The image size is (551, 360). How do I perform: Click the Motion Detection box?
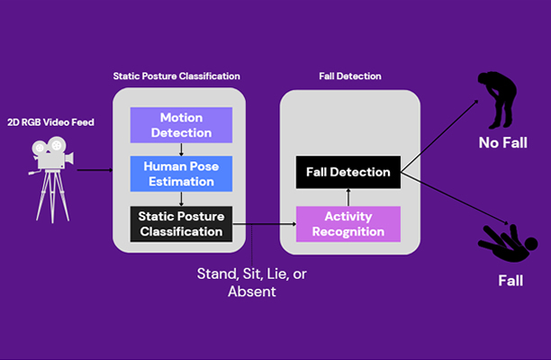point(181,125)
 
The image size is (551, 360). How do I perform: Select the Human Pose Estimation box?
point(181,174)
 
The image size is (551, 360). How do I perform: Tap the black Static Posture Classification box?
point(181,223)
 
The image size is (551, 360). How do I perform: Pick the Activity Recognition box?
point(348,223)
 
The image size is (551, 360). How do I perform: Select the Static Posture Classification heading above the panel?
point(176,76)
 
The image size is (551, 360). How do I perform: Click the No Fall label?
point(502,142)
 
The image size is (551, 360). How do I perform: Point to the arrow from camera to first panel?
point(94,167)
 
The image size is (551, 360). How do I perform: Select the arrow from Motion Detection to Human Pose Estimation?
point(181,148)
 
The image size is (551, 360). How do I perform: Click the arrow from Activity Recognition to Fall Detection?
point(348,197)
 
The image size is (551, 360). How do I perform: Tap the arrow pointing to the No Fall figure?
point(441,135)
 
